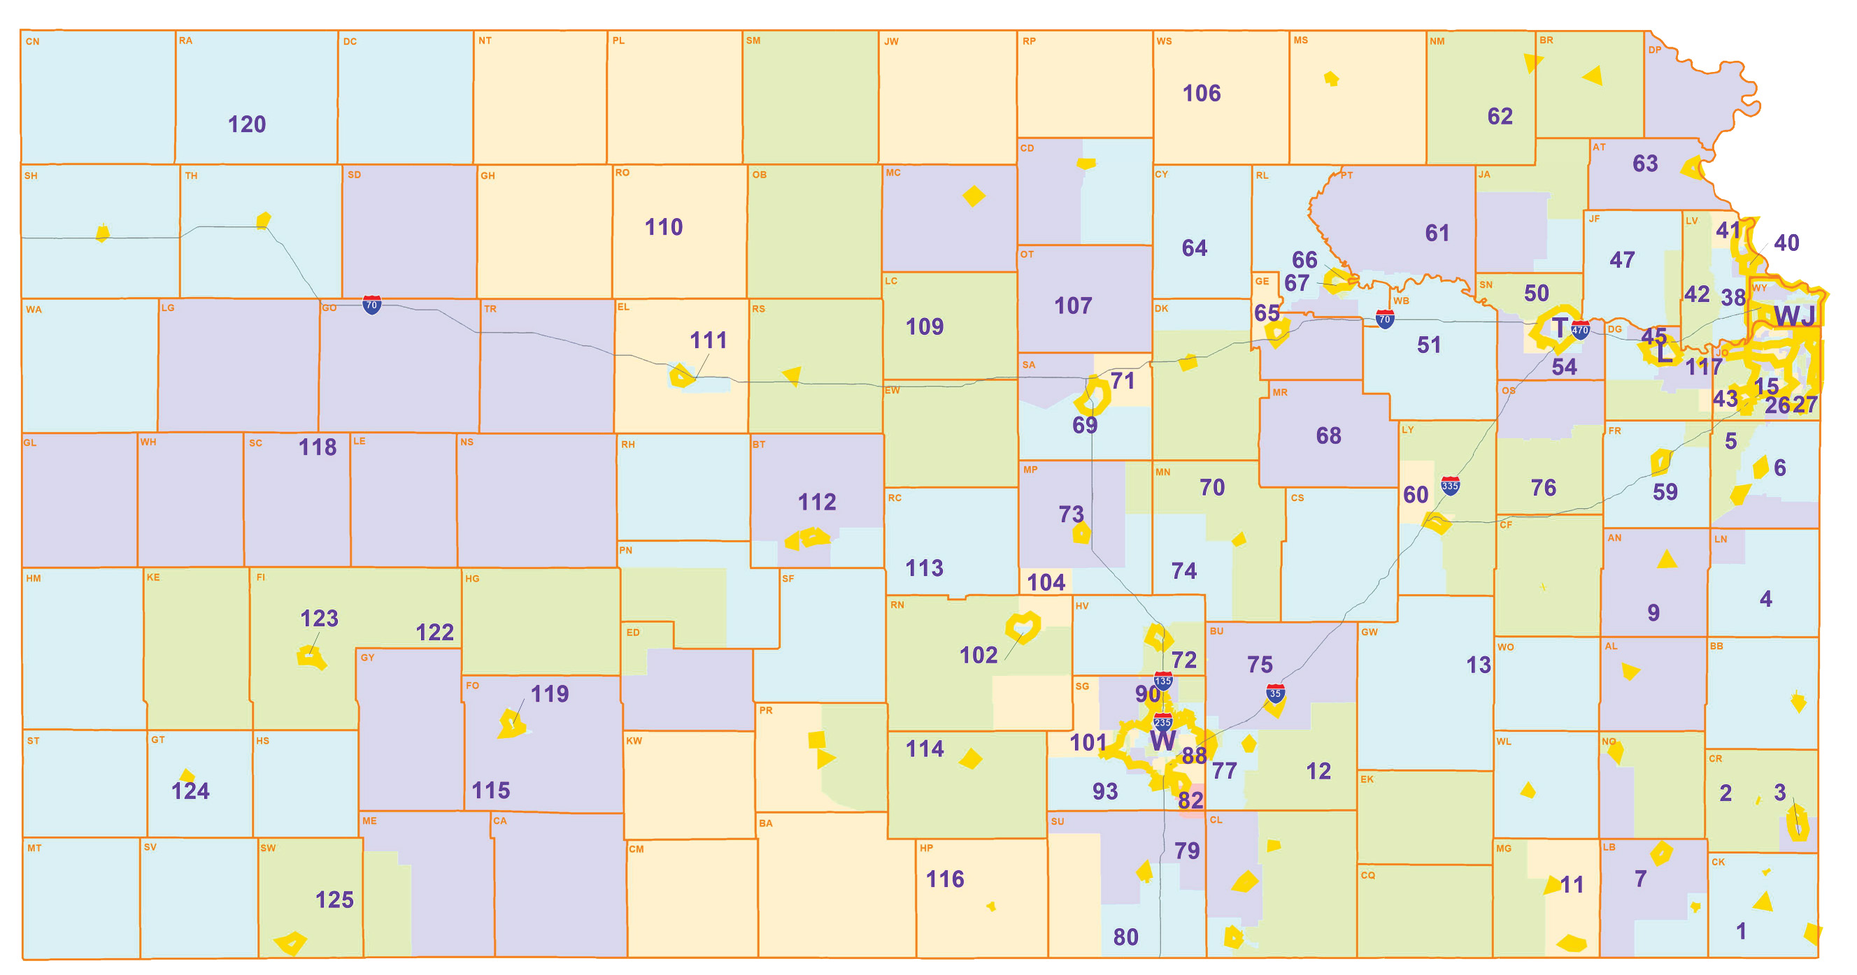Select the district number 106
tap(1201, 94)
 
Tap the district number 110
tap(663, 228)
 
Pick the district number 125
tap(334, 900)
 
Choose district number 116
tap(944, 879)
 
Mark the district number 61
tap(1437, 233)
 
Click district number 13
tap(1478, 665)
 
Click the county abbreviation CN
tap(32, 42)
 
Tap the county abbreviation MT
tap(34, 848)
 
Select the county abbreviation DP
tap(1654, 50)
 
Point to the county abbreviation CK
tap(1718, 862)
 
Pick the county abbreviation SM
tap(753, 41)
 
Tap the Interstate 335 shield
tap(1450, 486)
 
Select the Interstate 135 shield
tap(1162, 680)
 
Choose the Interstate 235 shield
tap(1162, 722)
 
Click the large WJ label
tap(1794, 317)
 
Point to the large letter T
tap(1559, 328)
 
